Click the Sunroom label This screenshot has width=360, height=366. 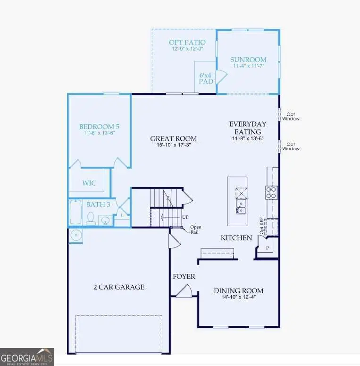[248, 60]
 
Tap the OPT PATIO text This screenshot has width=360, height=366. [187, 43]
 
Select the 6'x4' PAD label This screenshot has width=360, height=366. [206, 78]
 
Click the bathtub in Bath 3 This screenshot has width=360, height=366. [75, 213]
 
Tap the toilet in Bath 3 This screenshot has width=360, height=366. [91, 218]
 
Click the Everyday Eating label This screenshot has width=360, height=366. [248, 128]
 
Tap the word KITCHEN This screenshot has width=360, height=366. [236, 238]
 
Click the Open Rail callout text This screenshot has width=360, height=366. [196, 230]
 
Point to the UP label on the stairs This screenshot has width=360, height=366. [185, 217]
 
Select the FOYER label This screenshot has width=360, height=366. [184, 276]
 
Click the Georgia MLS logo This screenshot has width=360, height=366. [27, 357]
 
